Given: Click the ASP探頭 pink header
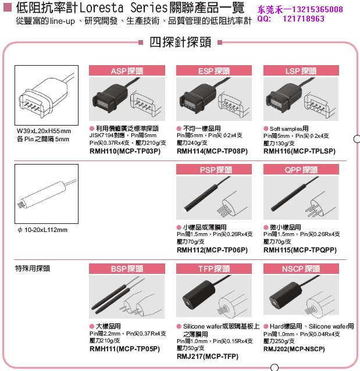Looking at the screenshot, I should tap(127, 71).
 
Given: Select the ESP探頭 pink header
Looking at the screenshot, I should tap(214, 71).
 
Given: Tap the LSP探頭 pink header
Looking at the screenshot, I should tap(301, 71).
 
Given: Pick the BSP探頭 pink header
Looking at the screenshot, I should tap(127, 269).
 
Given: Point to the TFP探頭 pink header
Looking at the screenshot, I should tap(214, 269).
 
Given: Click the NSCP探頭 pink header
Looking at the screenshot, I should tap(301, 269).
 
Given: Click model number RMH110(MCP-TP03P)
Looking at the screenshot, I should tap(124, 151).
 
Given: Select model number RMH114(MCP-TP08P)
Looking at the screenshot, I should tap(212, 151).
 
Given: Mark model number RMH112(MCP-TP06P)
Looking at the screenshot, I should tap(212, 249).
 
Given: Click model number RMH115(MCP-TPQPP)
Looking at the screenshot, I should tap(300, 249).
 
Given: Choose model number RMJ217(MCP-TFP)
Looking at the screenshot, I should tap(207, 356).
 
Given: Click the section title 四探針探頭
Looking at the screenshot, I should tap(180, 43).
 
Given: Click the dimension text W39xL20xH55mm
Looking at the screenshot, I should tap(44, 131).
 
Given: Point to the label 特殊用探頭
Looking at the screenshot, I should tap(33, 269).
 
